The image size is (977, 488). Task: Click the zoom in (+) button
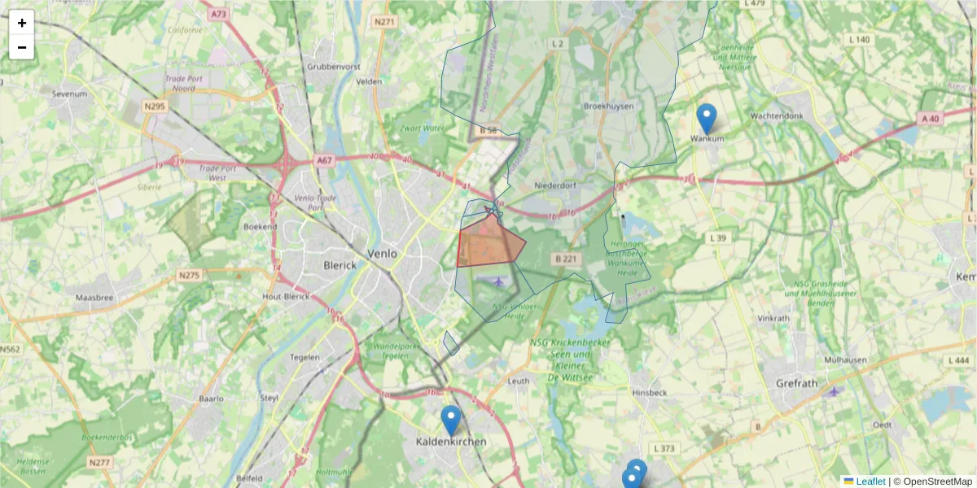(22, 23)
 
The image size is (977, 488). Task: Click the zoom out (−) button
(22, 47)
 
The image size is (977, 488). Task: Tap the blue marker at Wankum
(707, 119)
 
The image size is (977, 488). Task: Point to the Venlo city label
(382, 254)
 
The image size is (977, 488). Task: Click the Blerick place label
(340, 265)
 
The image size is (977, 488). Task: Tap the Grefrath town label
(791, 382)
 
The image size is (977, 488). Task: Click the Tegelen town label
(305, 357)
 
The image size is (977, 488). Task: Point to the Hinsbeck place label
(649, 393)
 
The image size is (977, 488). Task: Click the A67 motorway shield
(325, 160)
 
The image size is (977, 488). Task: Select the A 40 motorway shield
(930, 119)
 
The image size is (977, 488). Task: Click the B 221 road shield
(565, 259)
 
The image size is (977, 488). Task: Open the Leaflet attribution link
(870, 481)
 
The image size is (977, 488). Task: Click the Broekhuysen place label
(608, 107)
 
